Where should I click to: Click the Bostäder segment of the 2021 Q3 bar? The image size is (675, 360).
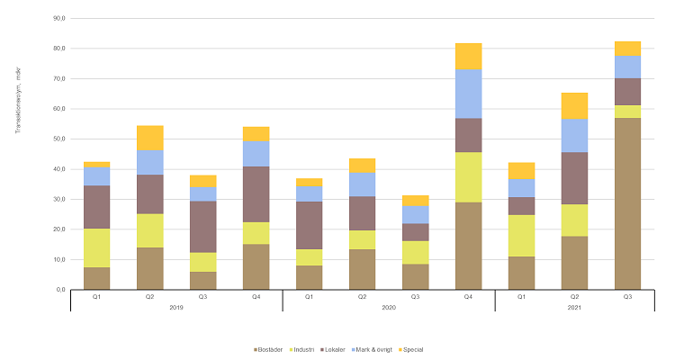pyautogui.click(x=627, y=203)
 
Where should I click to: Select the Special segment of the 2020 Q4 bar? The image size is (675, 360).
pyautogui.click(x=468, y=56)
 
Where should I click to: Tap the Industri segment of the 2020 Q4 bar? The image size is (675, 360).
pyautogui.click(x=468, y=177)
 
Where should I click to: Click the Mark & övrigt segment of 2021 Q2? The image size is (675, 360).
pyautogui.click(x=574, y=135)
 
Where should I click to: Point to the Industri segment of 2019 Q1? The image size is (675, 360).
pyautogui.click(x=96, y=247)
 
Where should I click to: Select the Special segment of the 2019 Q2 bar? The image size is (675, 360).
pyautogui.click(x=149, y=138)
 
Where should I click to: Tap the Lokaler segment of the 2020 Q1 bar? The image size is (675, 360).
pyautogui.click(x=309, y=225)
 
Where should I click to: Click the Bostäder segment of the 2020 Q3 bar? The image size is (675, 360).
pyautogui.click(x=415, y=276)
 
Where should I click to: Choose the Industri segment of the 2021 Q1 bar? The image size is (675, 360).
pyautogui.click(x=521, y=236)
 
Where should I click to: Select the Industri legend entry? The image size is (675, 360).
pyautogui.click(x=303, y=347)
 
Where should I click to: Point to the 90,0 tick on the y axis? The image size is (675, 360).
pyautogui.click(x=58, y=18)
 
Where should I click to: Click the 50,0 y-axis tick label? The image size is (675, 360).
pyautogui.click(x=58, y=139)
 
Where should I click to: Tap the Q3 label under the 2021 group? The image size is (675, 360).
pyautogui.click(x=627, y=295)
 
